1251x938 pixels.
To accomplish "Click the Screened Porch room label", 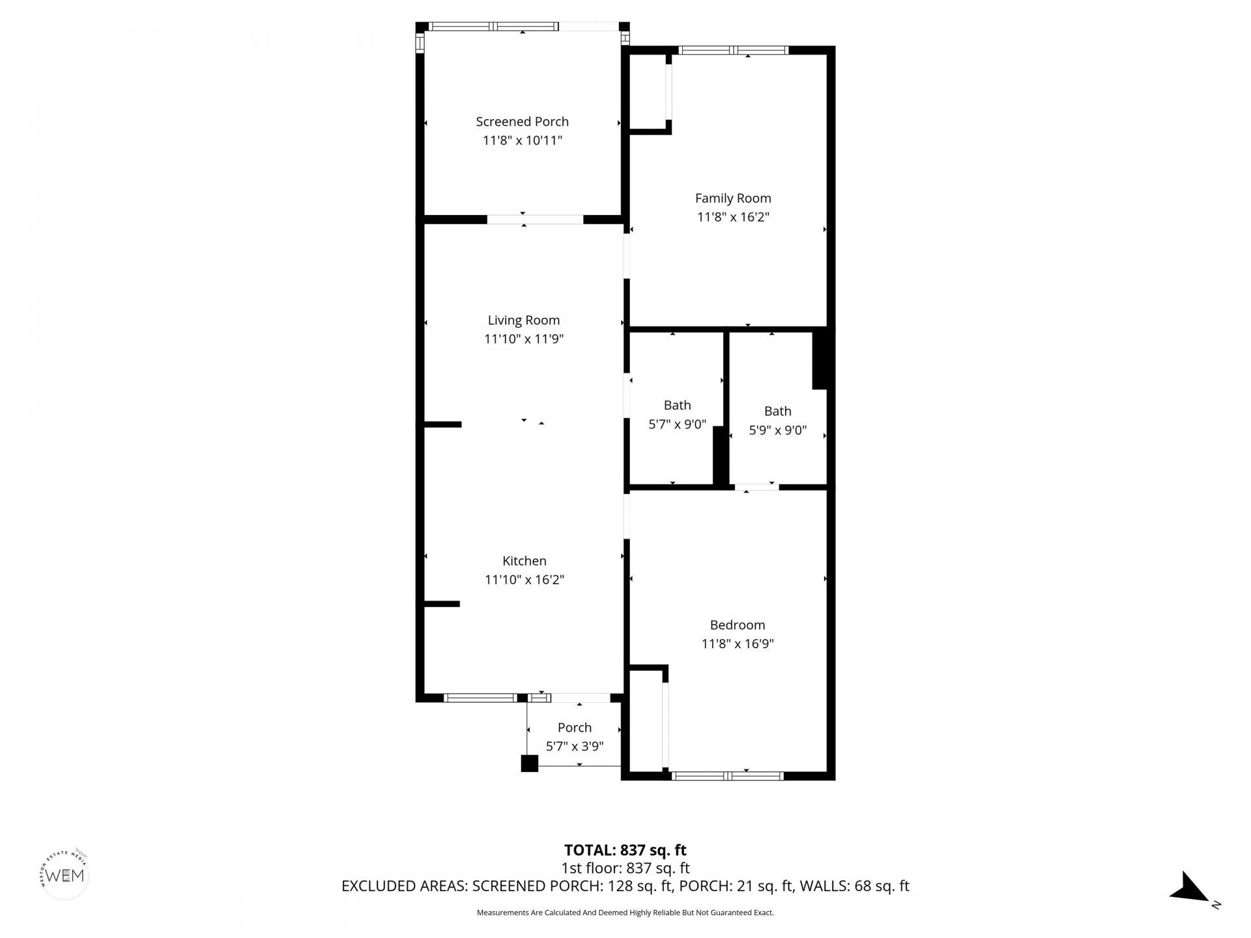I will (522, 122).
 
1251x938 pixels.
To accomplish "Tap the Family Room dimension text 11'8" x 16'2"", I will (733, 217).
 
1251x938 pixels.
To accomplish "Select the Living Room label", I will (523, 320).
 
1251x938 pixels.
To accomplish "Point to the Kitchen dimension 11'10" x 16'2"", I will (524, 579).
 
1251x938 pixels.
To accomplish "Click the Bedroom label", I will (737, 625).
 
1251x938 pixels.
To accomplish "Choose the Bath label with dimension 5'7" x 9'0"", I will (677, 405).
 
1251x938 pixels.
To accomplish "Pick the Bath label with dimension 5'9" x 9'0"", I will (777, 411).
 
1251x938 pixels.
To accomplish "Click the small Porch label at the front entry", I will (574, 728).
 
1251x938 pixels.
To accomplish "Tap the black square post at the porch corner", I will (529, 763).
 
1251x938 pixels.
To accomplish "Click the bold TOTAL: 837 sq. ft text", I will (625, 850).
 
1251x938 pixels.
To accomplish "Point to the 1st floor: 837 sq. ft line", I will (625, 868).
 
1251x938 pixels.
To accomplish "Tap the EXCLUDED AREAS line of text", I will (625, 886).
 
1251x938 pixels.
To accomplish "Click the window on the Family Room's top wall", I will (733, 50).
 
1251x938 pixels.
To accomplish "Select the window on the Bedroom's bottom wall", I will (727, 776).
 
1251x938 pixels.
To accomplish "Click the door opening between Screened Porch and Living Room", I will (535, 220).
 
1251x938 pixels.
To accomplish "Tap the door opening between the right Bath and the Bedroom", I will (756, 487).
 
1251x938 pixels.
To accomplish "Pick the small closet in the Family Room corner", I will (648, 91).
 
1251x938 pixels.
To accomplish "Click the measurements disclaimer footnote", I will (625, 913).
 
